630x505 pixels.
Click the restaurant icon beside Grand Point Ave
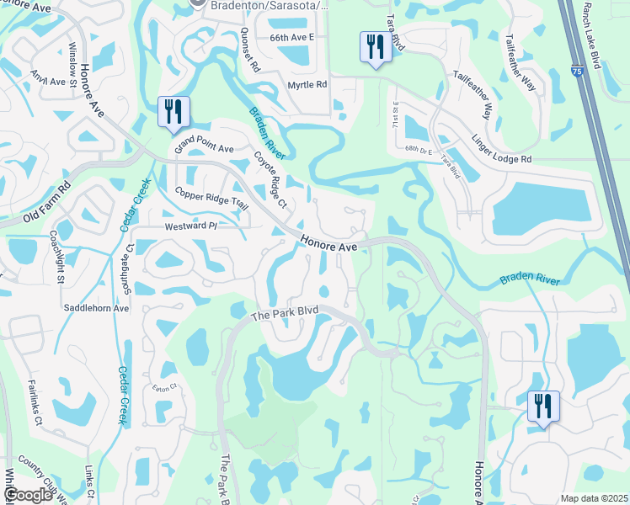click(x=174, y=112)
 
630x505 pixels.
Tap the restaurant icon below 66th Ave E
click(x=373, y=46)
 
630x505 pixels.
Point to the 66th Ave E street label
click(x=291, y=38)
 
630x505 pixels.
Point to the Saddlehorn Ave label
click(x=96, y=308)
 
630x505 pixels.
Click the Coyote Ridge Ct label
click(x=270, y=179)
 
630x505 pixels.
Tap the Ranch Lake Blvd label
click(x=596, y=35)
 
